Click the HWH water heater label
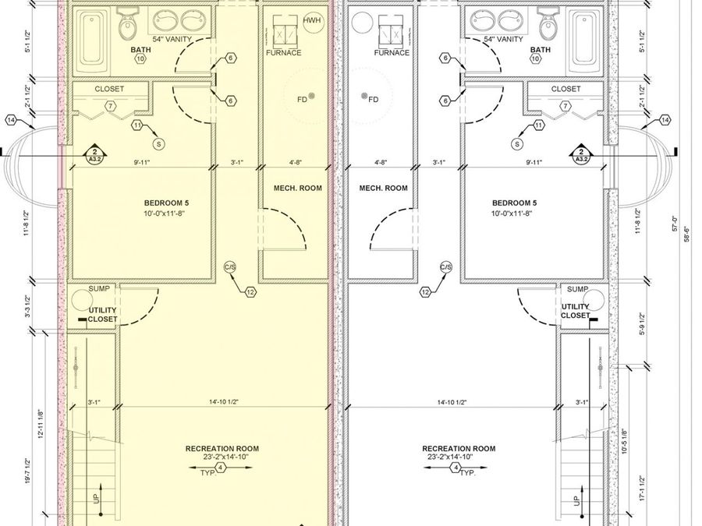click(311, 19)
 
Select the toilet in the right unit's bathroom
click(549, 27)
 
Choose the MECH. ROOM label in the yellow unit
click(292, 188)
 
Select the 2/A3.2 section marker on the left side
click(95, 155)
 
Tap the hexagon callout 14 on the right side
click(665, 120)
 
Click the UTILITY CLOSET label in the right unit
click(576, 311)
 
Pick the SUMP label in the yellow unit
click(98, 288)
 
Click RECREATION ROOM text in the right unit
click(459, 449)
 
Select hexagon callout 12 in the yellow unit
click(250, 292)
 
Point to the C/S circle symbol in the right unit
click(446, 267)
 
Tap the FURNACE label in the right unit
click(392, 53)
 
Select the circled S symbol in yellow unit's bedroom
click(159, 143)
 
